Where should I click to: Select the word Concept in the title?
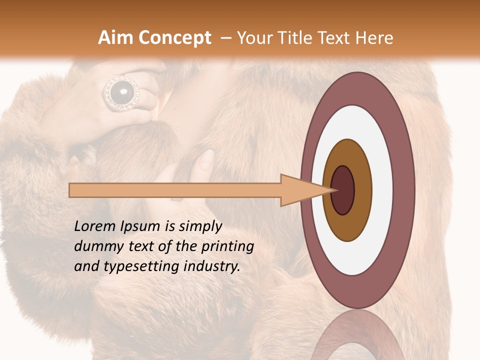[x=174, y=38]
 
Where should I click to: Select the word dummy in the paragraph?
[x=95, y=246]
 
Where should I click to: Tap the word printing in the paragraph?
[x=227, y=246]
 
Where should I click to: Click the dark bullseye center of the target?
[x=343, y=190]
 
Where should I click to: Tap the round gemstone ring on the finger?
[x=121, y=93]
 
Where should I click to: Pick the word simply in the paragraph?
[x=199, y=226]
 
